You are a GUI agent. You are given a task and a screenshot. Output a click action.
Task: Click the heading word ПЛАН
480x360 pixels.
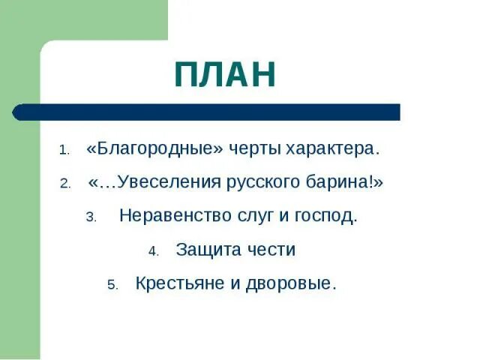pyautogui.click(x=225, y=75)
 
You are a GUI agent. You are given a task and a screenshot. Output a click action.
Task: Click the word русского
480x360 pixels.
pyautogui.click(x=278, y=183)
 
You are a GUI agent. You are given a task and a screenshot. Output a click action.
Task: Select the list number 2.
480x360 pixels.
pyautogui.click(x=65, y=184)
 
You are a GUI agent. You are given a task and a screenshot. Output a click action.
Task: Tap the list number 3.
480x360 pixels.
pyautogui.click(x=91, y=218)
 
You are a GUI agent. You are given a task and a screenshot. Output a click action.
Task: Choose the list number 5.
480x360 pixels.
pyautogui.click(x=112, y=286)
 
